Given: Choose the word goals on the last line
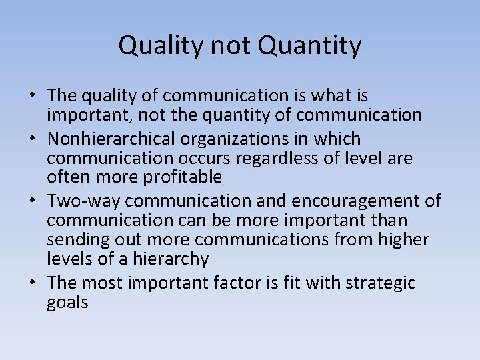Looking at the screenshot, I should point(67,302).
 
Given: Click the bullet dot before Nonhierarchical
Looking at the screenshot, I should point(32,139).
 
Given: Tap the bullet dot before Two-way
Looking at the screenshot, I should point(32,201).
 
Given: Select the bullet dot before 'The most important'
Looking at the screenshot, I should point(32,283).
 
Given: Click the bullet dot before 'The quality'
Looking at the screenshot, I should point(32,96).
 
